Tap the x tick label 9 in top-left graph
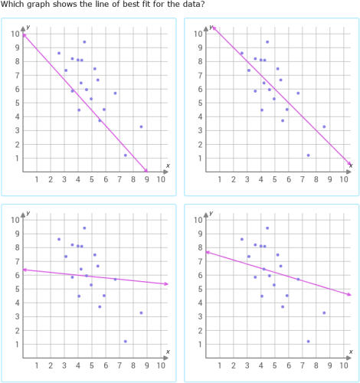click(x=147, y=181)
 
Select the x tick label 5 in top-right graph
click(x=275, y=181)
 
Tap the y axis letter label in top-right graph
click(x=211, y=27)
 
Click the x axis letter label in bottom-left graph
click(x=168, y=352)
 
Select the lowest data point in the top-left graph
click(x=126, y=155)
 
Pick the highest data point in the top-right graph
click(x=267, y=42)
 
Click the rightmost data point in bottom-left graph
click(x=141, y=313)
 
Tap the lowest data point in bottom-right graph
click(x=309, y=342)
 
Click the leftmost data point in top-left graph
click(x=59, y=53)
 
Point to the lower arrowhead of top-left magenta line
click(x=146, y=171)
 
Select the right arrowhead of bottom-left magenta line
click(x=165, y=284)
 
